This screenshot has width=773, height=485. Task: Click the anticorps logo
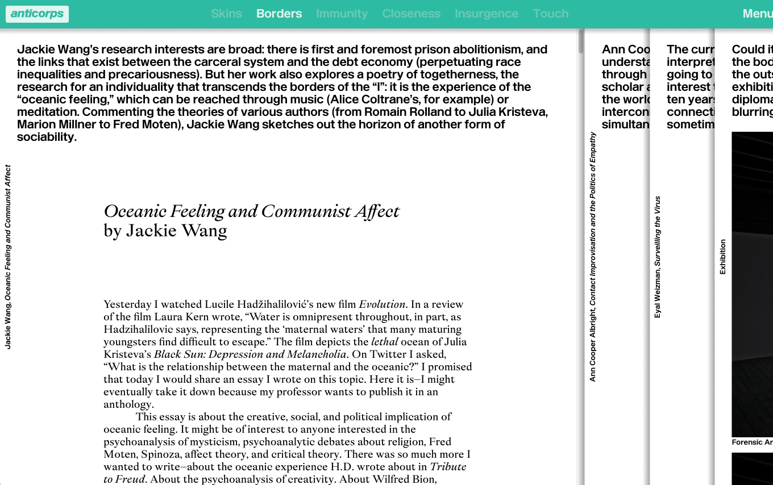coord(37,14)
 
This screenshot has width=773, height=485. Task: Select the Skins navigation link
coord(226,14)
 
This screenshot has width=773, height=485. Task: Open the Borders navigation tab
coord(279,14)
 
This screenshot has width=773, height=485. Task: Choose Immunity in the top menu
coord(342,14)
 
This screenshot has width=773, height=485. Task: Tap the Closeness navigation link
coord(411,14)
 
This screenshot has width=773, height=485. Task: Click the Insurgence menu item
coord(486,14)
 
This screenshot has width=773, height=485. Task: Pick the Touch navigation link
coord(550,14)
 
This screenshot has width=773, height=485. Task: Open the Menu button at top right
coord(757,14)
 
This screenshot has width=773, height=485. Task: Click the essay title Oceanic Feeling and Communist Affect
coord(251,211)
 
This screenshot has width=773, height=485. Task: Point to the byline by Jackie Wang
coord(165,231)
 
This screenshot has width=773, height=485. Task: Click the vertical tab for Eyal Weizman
coord(658,257)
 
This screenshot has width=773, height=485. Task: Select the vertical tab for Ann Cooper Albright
coord(593,257)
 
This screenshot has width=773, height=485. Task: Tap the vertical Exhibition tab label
coord(723,257)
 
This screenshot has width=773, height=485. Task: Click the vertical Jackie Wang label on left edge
coord(8,257)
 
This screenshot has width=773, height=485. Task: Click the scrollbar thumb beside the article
coord(581,41)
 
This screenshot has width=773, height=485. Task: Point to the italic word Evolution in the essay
coord(382,304)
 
